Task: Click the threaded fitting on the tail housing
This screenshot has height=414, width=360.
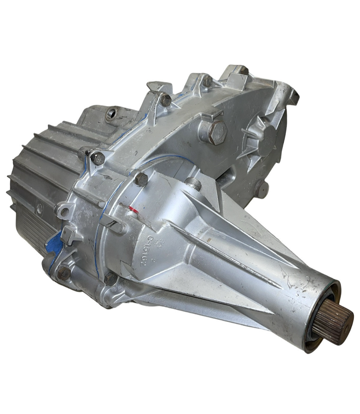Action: tap(194, 184)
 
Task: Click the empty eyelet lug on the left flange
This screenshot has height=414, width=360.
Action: tap(63, 211)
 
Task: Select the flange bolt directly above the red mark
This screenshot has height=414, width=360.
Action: tap(141, 179)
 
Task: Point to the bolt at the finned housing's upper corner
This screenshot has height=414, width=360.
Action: tap(97, 158)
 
